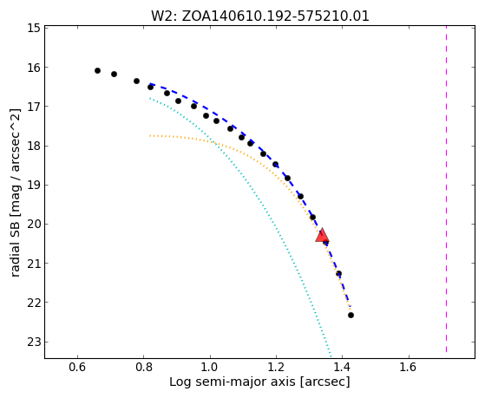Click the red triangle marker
(322, 236)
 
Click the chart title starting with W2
(260, 16)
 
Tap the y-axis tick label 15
(34, 28)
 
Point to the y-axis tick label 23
(34, 342)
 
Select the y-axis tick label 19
(34, 185)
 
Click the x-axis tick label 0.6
(77, 367)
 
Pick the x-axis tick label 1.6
(409, 367)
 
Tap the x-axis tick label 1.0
(210, 367)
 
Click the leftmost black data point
(97, 71)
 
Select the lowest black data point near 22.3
(351, 316)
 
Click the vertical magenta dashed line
(446, 189)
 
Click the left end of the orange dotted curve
(150, 136)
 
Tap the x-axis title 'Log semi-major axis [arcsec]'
(259, 382)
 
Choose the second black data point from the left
(115, 75)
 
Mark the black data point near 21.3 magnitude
(338, 274)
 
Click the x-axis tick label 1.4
(342, 367)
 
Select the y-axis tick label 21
(34, 264)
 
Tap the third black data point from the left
(136, 82)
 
